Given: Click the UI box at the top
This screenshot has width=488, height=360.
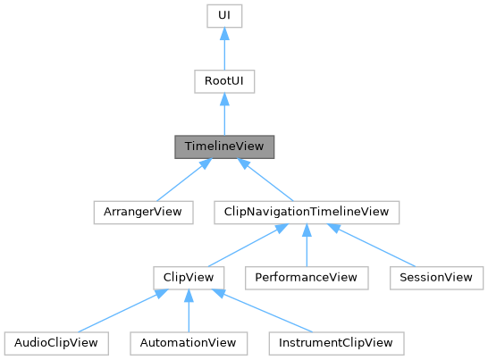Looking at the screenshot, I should [223, 16].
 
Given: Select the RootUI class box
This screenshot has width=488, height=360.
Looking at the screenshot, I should [223, 81].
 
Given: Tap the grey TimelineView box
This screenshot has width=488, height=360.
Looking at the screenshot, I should [223, 147].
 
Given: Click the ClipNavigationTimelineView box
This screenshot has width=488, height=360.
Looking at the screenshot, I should [307, 212].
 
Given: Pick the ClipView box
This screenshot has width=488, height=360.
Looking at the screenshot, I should [187, 277].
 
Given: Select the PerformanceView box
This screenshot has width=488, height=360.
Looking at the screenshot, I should [307, 277].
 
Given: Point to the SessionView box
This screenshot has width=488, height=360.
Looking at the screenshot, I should [432, 277].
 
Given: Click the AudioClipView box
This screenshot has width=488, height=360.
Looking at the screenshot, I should [56, 342].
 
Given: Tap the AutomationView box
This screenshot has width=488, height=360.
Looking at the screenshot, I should [187, 342].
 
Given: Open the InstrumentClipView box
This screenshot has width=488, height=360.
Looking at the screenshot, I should [336, 342].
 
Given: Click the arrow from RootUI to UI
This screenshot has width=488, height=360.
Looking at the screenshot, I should [223, 49].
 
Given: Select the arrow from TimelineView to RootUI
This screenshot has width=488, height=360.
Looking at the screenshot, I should [223, 114].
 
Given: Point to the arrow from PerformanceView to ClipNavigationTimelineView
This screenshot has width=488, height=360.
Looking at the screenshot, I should [307, 245].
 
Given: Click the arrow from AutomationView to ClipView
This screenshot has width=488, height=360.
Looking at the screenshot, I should [187, 310].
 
